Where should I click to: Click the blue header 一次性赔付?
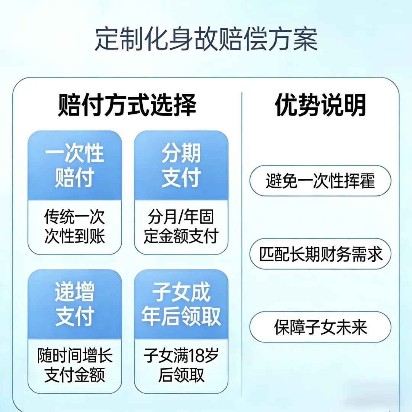pos(74,166)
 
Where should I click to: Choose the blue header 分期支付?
pos(181,166)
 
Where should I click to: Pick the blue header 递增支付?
pos(74,304)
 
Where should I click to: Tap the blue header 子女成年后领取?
pos(181,304)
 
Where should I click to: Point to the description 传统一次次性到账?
pos(74,227)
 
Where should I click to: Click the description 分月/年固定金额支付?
pos(181,227)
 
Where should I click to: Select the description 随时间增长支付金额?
pos(74,365)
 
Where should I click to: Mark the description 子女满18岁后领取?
pos(181,365)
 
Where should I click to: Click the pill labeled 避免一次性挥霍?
pos(320,180)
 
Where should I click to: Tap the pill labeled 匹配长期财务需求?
pos(320,254)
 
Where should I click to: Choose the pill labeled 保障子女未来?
pos(320,327)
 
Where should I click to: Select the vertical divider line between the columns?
pos(242,244)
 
